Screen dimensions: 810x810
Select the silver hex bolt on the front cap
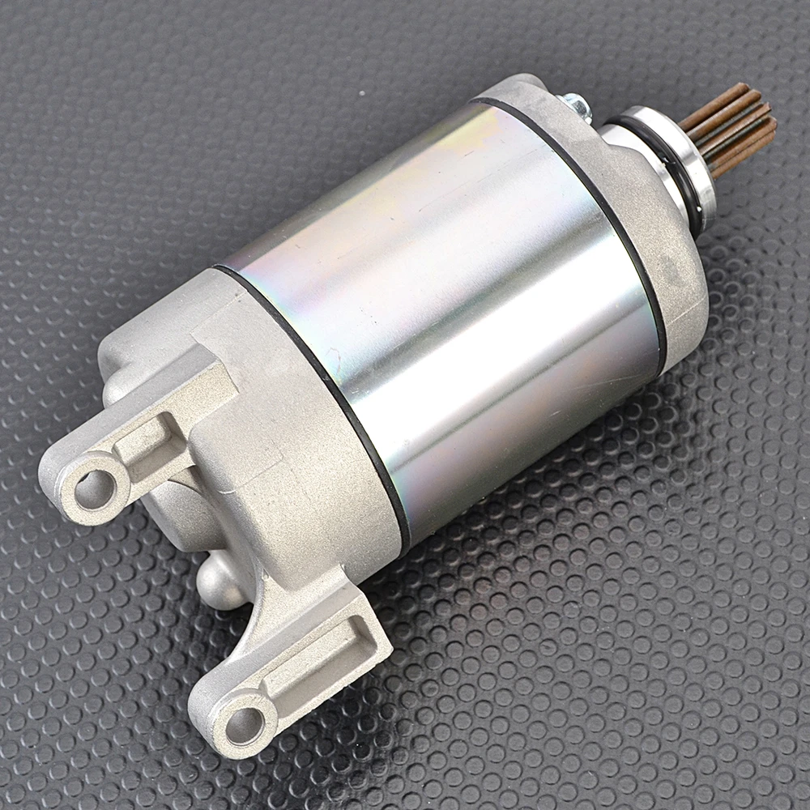pos(577,104)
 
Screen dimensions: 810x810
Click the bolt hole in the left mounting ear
pos(96,489)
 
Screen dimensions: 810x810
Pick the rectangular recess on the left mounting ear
pos(154,442)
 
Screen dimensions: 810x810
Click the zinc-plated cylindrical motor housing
pos(454,308)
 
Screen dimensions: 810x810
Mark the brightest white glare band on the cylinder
pos(518,340)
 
